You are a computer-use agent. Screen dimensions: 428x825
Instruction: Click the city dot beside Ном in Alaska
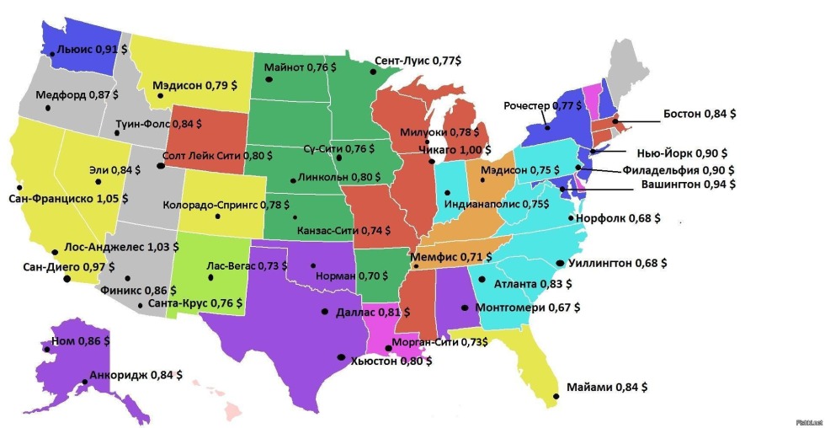point(46,348)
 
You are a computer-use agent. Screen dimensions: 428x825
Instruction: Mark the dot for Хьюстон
point(341,356)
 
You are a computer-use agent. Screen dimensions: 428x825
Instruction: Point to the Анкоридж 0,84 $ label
point(132,374)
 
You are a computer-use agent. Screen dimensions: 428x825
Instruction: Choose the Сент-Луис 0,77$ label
point(418,62)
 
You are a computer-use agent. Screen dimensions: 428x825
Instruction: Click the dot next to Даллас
point(324,312)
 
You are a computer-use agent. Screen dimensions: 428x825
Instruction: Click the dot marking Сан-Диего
point(67,278)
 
